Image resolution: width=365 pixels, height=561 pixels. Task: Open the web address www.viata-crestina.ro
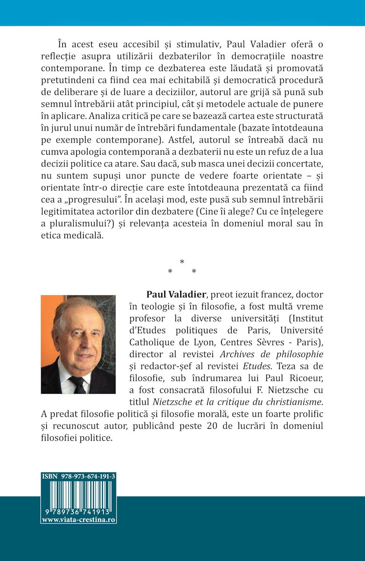(x=79, y=519)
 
